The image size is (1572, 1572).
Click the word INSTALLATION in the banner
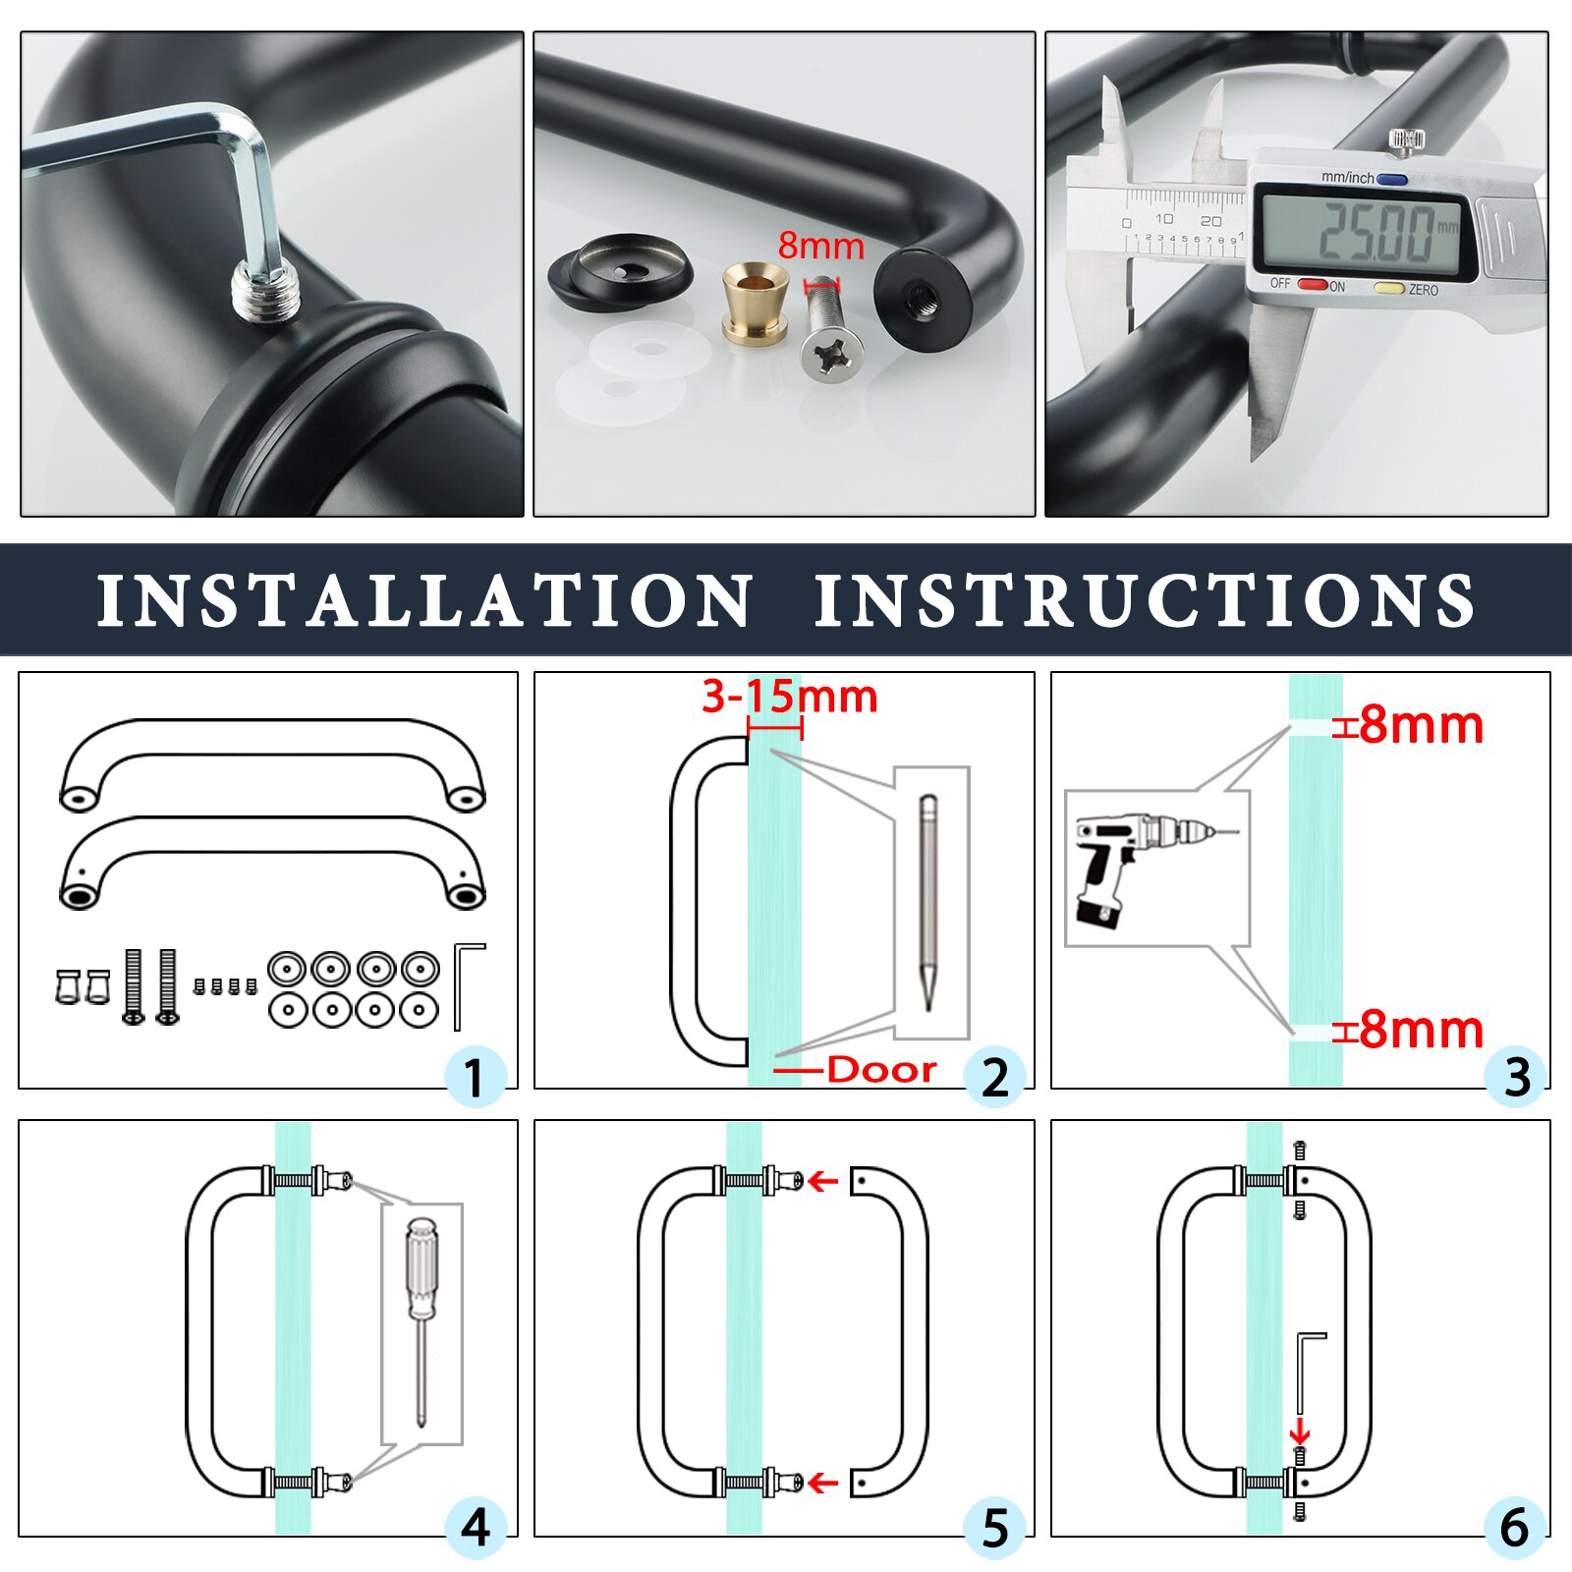(x=424, y=600)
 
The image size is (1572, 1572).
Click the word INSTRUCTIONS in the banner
(x=1146, y=600)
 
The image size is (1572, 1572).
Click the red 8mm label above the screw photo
(x=821, y=246)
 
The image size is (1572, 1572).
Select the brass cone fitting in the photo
(x=755, y=303)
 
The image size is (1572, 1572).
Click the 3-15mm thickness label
(x=789, y=697)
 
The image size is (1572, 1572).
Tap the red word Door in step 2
(x=881, y=1069)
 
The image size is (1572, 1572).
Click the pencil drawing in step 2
(x=927, y=902)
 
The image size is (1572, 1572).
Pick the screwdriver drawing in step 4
(x=421, y=1322)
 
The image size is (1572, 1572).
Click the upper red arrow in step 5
(x=822, y=1181)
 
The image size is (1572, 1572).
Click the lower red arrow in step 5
(x=822, y=1483)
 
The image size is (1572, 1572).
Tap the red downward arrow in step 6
(x=1300, y=1431)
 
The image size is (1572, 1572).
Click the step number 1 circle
(x=475, y=1077)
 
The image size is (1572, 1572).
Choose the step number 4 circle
(x=476, y=1528)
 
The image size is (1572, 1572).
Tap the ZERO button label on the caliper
(x=1423, y=290)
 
